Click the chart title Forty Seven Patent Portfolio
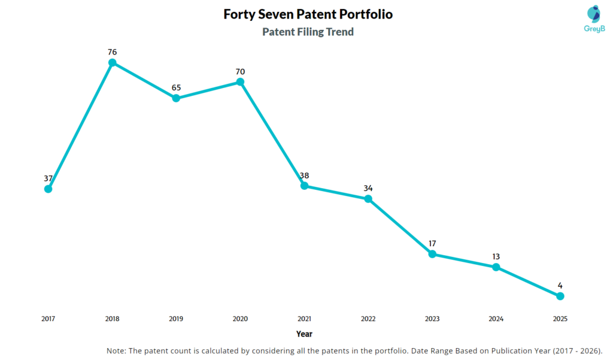[308, 14]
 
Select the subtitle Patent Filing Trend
[308, 32]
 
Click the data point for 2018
[112, 62]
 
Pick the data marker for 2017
[48, 189]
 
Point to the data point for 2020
[240, 81]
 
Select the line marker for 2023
[432, 254]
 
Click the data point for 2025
[560, 296]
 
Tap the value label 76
[112, 52]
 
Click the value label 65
[176, 87]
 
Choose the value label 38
[304, 176]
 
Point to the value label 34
[368, 188]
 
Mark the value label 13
[496, 256]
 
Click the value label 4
[560, 285]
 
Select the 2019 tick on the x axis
[176, 319]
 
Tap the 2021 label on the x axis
[304, 319]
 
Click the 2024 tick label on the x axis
[496, 319]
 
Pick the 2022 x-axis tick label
[368, 319]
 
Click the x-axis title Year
[304, 334]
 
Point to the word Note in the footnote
[116, 351]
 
